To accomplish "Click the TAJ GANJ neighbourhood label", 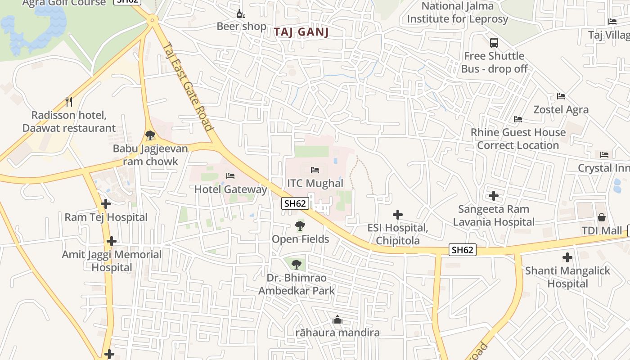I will (x=301, y=32).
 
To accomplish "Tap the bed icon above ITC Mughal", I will (x=315, y=170).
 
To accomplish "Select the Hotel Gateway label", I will (x=230, y=189).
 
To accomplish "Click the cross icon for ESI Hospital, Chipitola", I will (x=398, y=215).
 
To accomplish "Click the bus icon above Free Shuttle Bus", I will (x=494, y=43).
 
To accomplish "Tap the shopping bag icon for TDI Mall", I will (x=602, y=218).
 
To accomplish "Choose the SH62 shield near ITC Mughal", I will (x=295, y=203).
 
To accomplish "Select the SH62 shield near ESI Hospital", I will (x=462, y=250).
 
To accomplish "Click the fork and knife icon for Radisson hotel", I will (x=69, y=101).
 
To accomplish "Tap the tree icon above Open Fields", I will (x=300, y=226).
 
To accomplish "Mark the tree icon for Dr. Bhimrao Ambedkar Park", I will (x=296, y=265).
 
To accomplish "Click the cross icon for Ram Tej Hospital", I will (x=106, y=204).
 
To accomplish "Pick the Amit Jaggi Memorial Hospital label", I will (x=112, y=261).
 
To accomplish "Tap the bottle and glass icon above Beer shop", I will (x=241, y=13).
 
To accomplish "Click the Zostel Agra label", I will (x=561, y=110).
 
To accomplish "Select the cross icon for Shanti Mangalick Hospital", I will (x=567, y=257).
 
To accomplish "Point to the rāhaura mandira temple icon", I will (x=337, y=320).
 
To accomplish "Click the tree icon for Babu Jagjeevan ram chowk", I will (x=150, y=135).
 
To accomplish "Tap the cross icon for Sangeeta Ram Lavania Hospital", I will (x=494, y=196).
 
